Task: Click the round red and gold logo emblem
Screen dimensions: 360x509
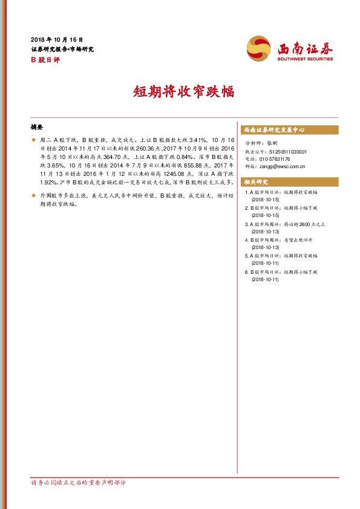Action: pos(259,48)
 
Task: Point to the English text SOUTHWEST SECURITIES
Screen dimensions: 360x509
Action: pos(306,59)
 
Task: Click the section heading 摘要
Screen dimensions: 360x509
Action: pos(37,128)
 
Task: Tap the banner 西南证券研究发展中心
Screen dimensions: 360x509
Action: pos(273,130)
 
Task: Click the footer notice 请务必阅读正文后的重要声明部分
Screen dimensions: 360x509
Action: pos(78,483)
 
